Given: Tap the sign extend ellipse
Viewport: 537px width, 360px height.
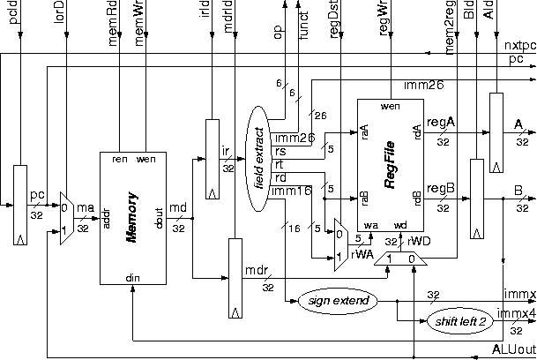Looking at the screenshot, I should click(337, 301).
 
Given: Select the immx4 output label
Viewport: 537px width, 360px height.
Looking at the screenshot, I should click(517, 312).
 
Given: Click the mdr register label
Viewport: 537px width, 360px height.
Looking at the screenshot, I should click(257, 269).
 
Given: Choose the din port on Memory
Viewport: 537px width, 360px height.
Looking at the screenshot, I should click(132, 277).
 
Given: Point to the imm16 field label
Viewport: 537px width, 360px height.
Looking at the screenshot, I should click(293, 190).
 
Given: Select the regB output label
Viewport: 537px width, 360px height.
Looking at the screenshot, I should click(441, 188).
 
